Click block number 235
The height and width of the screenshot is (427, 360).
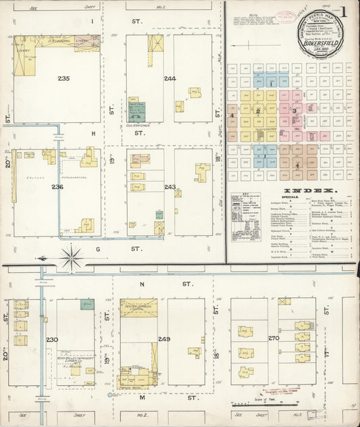tap(64, 79)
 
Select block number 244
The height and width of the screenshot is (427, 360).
tap(170, 79)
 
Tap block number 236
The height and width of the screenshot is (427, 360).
tap(57, 187)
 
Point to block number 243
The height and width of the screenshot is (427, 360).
tap(169, 187)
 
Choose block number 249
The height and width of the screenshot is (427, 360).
tap(164, 338)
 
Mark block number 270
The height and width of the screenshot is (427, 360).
tap(274, 338)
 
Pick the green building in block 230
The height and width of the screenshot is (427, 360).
tap(86, 305)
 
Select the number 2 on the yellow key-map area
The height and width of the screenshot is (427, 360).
tap(258, 111)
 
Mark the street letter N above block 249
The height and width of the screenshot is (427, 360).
tap(143, 285)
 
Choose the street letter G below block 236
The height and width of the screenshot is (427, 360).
tap(135, 249)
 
